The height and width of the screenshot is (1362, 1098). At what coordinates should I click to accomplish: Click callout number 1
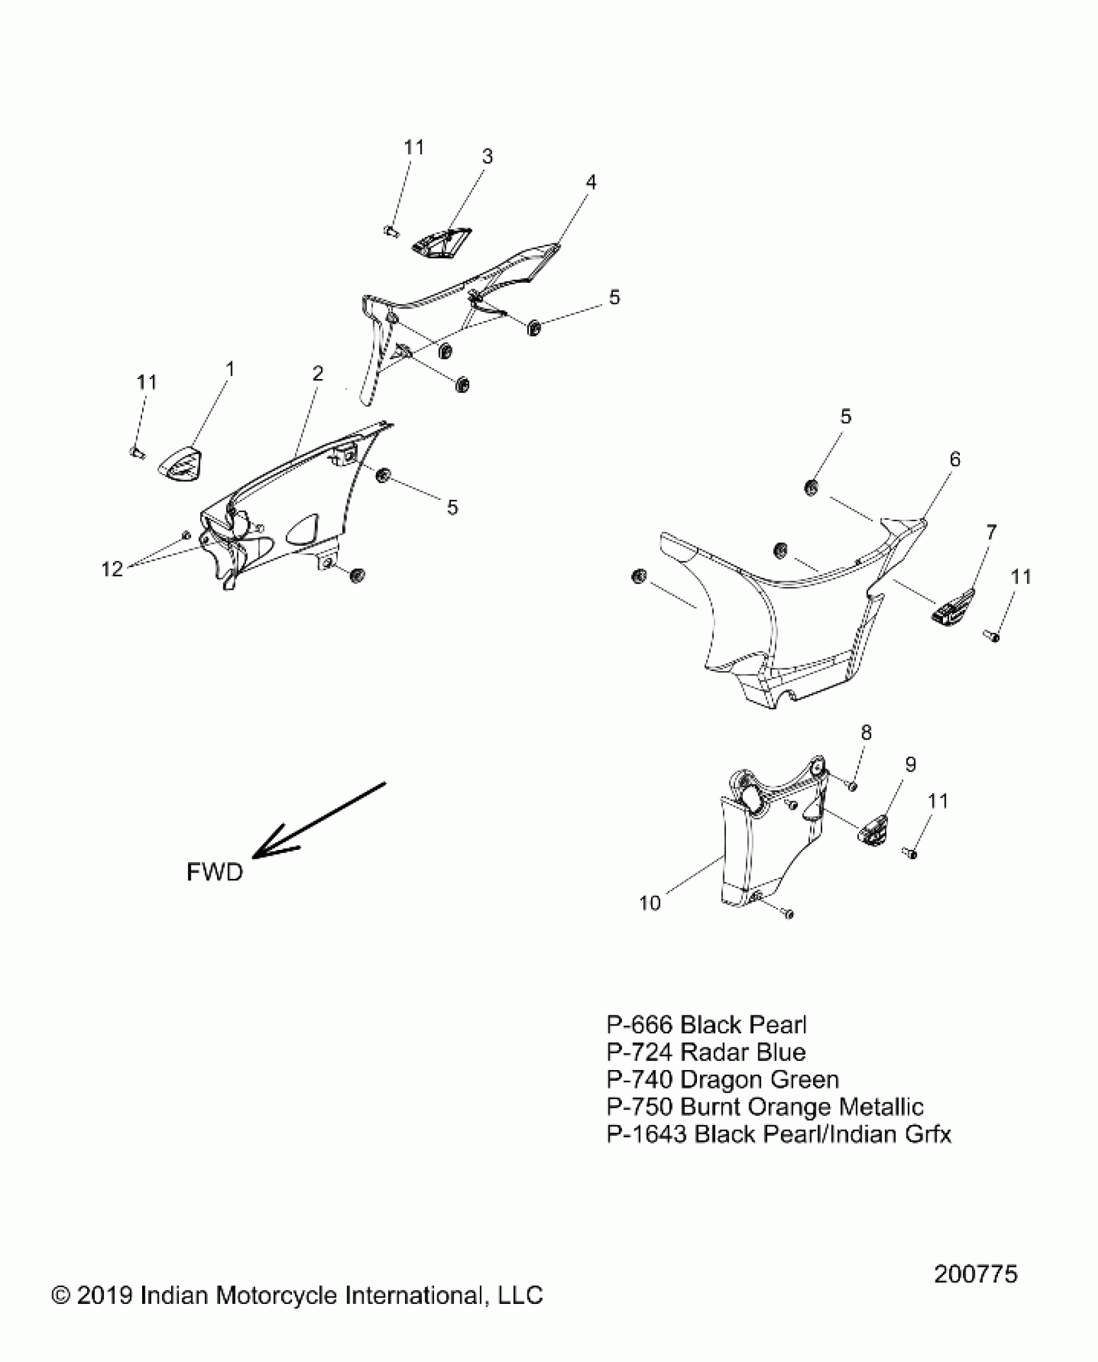[x=229, y=369]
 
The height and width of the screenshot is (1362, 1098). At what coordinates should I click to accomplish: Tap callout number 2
[x=317, y=373]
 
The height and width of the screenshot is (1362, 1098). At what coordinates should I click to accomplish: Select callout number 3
[x=487, y=156]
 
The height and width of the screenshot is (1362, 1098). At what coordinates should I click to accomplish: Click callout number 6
[x=955, y=459]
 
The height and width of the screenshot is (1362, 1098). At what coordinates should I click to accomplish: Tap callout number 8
[x=866, y=732]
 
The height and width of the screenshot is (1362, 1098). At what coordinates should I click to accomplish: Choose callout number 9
[x=910, y=765]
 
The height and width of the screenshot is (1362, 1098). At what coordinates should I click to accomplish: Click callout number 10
[x=650, y=903]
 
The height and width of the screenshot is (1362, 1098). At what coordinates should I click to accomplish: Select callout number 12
[x=112, y=569]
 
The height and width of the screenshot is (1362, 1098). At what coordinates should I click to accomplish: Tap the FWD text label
[x=214, y=872]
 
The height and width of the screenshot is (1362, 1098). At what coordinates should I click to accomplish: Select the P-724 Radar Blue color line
[x=705, y=1052]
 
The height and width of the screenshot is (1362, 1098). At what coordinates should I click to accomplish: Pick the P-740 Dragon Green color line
[x=722, y=1079]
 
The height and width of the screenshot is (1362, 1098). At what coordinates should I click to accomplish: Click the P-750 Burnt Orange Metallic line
[x=765, y=1107]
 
